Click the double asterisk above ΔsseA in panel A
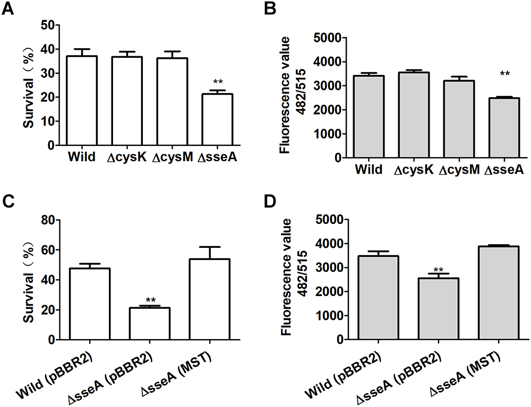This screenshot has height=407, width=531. click(x=218, y=82)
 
